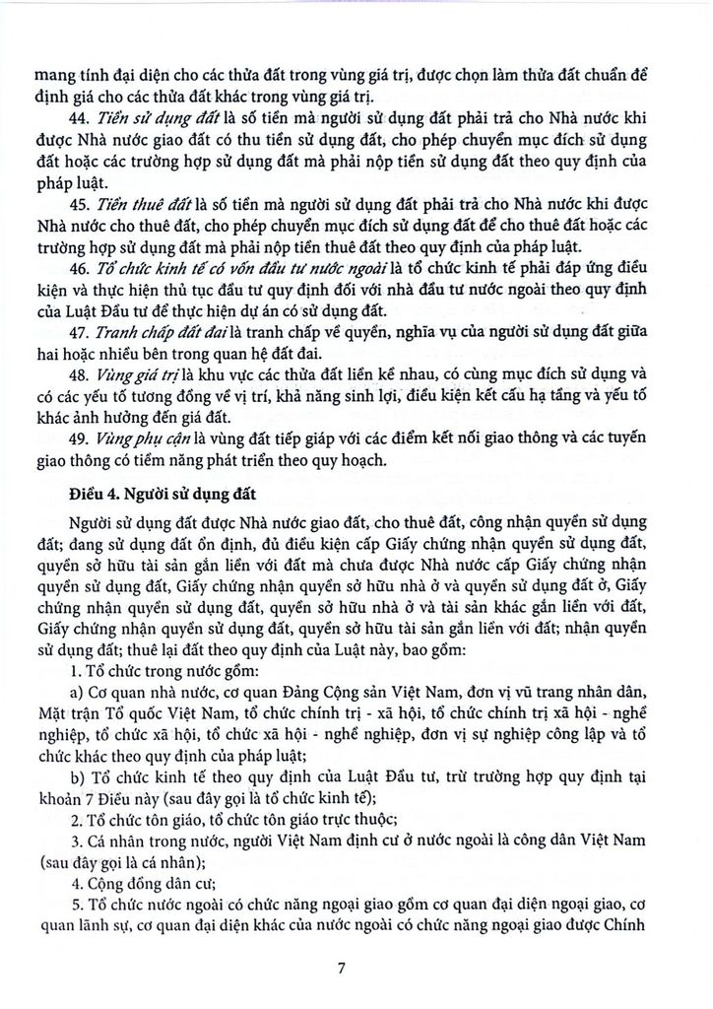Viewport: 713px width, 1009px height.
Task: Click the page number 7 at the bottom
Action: pos(341,967)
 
